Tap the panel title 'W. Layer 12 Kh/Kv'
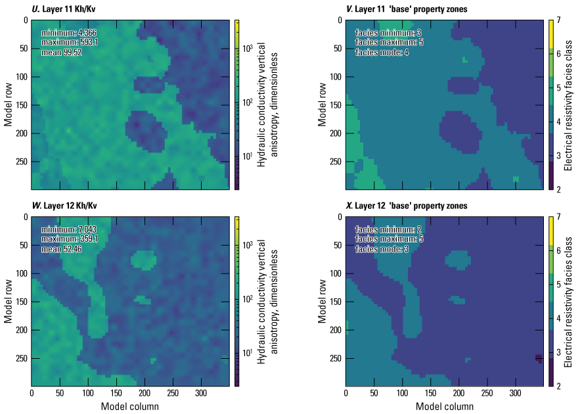pyautogui.click(x=66, y=206)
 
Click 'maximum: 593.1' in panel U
pyautogui.click(x=70, y=42)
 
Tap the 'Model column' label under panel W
pyautogui.click(x=130, y=406)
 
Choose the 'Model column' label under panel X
pyautogui.click(x=444, y=406)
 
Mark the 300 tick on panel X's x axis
pyautogui.click(x=514, y=395)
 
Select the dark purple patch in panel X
pyautogui.click(x=539, y=358)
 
